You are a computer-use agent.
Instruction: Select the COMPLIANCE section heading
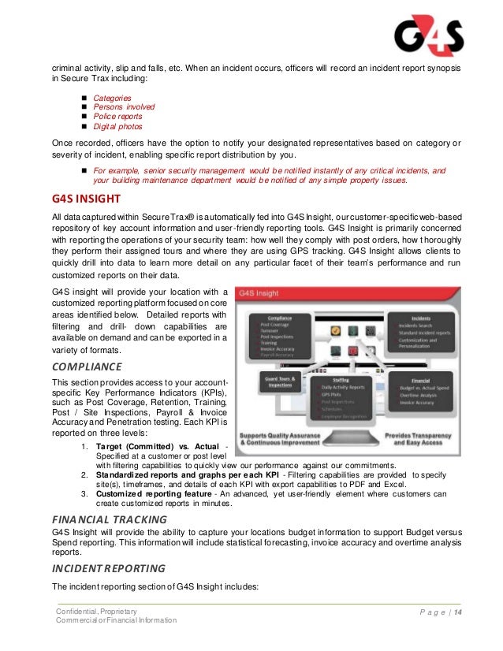click(x=87, y=366)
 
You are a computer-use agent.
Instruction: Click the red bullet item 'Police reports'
click(x=117, y=116)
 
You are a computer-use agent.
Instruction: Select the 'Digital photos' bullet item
click(x=118, y=125)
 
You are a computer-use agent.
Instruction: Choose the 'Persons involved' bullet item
click(x=124, y=106)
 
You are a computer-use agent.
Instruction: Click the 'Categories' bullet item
click(x=113, y=98)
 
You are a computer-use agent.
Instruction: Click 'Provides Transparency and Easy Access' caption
click(x=427, y=439)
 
